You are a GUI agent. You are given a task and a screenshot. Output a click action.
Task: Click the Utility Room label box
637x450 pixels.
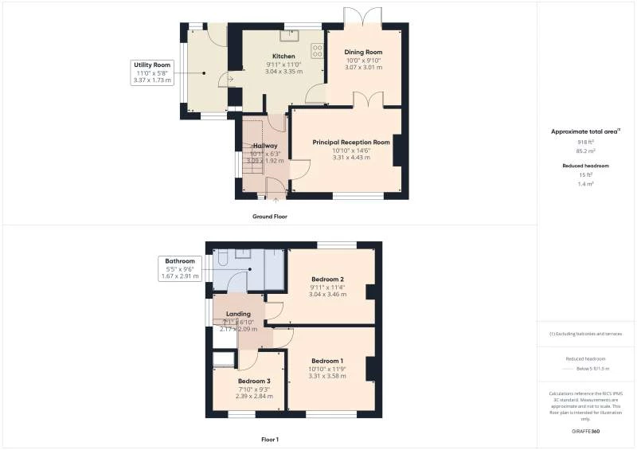[x=152, y=72]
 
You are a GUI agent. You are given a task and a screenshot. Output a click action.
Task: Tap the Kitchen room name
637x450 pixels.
[x=284, y=57]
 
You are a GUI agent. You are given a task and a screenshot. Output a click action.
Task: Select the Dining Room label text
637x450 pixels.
[x=364, y=53]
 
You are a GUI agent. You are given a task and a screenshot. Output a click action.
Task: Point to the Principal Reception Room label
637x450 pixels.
[x=351, y=142]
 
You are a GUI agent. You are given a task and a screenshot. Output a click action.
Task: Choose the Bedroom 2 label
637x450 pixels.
[x=328, y=279]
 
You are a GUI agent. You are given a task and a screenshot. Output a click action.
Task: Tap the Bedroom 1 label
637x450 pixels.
[x=328, y=360]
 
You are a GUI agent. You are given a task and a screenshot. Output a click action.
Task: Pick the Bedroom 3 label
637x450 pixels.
[x=255, y=381]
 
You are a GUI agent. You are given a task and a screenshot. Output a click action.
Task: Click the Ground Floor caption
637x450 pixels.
[x=269, y=217]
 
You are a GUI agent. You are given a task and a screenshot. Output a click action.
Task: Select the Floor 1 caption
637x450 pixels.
[x=269, y=439]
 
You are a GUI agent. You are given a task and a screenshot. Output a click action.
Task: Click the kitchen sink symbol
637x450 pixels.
[x=289, y=34]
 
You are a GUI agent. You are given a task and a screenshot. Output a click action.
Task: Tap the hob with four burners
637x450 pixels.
[x=318, y=51]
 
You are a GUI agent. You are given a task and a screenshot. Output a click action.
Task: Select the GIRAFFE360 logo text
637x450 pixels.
[x=585, y=431]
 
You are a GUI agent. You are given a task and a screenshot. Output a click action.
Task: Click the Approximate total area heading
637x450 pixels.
[x=585, y=131]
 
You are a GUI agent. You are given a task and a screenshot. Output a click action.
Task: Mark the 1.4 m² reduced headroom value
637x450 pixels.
[x=586, y=183]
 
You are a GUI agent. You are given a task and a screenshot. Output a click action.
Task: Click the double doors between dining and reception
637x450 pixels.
[x=366, y=100]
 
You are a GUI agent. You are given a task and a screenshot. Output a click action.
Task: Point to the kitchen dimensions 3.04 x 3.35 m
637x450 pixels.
[x=284, y=70]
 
